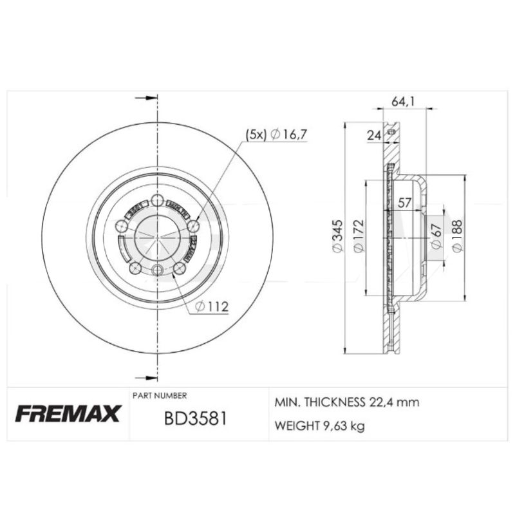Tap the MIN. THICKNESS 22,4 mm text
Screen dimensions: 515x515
pos(347,403)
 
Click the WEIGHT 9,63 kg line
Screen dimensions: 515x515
pos(319,426)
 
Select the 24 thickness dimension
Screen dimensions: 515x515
pos(373,135)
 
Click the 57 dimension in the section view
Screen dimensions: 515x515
pos(404,203)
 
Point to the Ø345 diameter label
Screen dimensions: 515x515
pos(335,237)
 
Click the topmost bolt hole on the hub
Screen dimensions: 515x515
pos(158,200)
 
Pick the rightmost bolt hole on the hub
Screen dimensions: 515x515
pos(192,225)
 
